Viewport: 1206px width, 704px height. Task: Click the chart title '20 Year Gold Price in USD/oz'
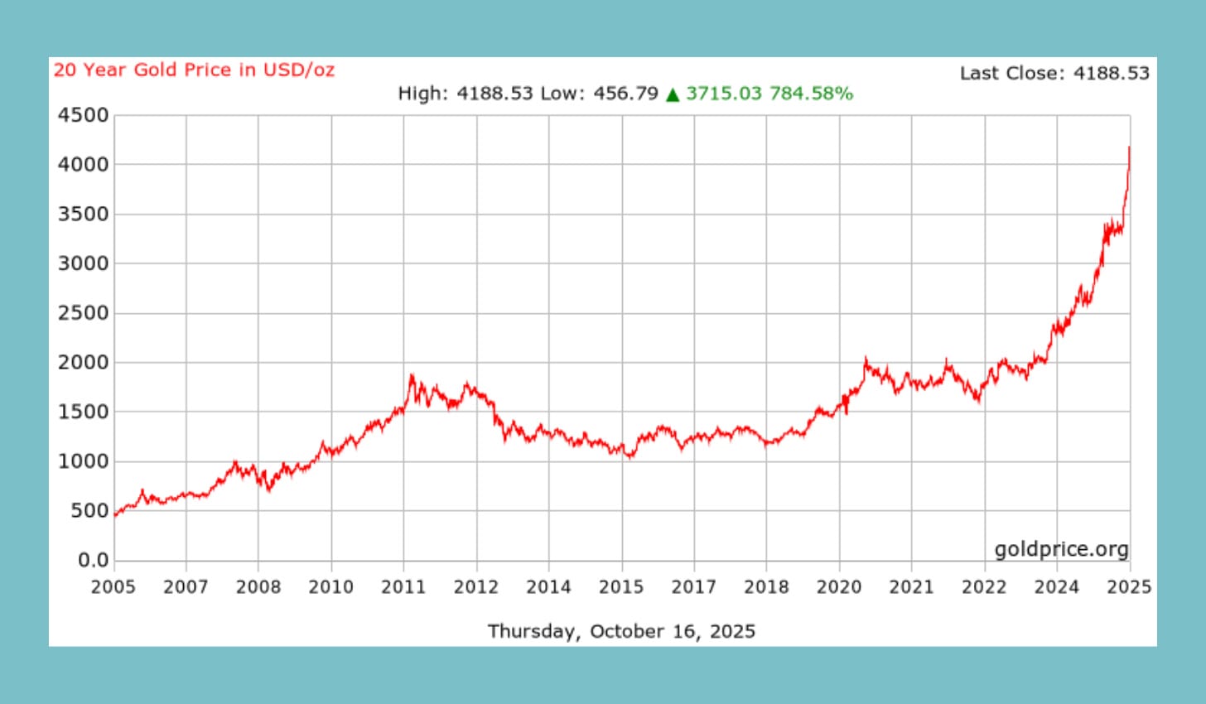(194, 70)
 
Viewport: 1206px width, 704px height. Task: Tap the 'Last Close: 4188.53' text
(1054, 74)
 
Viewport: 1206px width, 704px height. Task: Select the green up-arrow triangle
(673, 94)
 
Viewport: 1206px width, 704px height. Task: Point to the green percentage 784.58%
(811, 94)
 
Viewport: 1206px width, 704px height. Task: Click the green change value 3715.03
(723, 94)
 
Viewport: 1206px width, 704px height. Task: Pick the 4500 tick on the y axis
(83, 115)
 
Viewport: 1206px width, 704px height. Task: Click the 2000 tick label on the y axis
(83, 362)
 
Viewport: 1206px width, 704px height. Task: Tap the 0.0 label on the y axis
(94, 560)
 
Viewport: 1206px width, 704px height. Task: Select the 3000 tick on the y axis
(83, 263)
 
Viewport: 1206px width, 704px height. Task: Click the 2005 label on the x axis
(113, 587)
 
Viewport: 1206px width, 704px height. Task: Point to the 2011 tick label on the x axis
(403, 587)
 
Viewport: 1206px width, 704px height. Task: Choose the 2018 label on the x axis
(766, 587)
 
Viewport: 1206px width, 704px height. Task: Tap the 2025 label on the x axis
(1129, 587)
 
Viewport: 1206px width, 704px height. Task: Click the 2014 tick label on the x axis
(548, 587)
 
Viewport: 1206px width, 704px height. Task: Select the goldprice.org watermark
(1061, 549)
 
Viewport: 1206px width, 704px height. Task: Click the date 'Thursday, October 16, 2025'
(621, 632)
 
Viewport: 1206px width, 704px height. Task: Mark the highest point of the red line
(1129, 147)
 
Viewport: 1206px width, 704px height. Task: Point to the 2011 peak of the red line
(412, 375)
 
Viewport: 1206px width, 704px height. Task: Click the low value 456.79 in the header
(625, 94)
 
